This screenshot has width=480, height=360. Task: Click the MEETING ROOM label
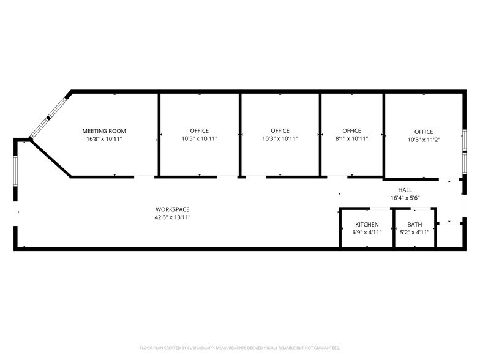pos(104,131)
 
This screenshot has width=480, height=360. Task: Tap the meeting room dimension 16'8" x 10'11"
pos(104,139)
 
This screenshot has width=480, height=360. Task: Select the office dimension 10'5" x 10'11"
pos(199,139)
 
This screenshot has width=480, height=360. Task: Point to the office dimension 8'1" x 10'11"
pos(351,139)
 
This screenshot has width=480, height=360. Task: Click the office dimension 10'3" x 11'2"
pos(423,140)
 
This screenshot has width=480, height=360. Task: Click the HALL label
pos(405,190)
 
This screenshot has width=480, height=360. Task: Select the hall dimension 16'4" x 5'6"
pos(405,198)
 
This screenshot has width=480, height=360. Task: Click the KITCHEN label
pos(367,225)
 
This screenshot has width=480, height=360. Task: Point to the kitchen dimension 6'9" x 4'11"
pos(367,233)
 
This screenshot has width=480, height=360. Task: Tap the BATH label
pos(414,225)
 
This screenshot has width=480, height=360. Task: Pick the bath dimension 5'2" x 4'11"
pos(414,233)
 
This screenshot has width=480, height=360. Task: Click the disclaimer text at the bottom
pos(241,347)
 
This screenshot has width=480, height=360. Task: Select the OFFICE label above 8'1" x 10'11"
pos(351,131)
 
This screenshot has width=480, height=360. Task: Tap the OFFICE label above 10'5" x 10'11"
pos(199,131)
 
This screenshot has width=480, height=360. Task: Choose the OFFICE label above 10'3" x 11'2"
pos(423,132)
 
